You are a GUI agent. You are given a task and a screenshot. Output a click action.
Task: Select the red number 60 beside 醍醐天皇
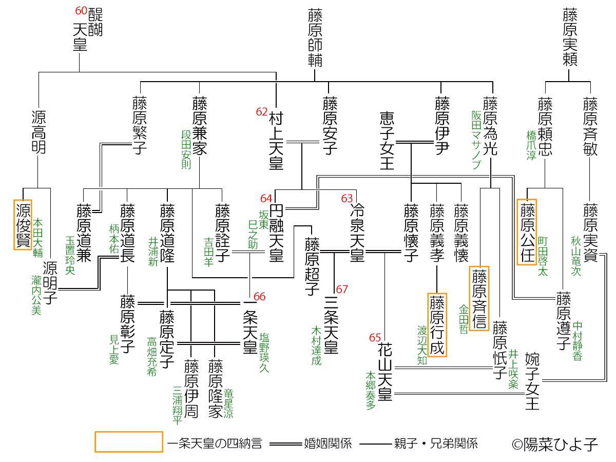pyautogui.click(x=81, y=11)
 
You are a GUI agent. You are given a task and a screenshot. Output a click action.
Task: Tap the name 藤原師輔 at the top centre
pyautogui.click(x=315, y=37)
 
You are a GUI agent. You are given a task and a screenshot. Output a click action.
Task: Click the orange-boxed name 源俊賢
pyautogui.click(x=23, y=225)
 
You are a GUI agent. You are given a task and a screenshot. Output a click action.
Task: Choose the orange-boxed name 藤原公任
pyautogui.click(x=527, y=232)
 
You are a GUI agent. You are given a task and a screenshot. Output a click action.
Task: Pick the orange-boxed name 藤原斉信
pyautogui.click(x=479, y=298)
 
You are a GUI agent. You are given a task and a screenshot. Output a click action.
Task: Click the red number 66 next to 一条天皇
pyautogui.click(x=260, y=297)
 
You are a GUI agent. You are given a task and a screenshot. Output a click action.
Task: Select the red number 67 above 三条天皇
pyautogui.click(x=342, y=289)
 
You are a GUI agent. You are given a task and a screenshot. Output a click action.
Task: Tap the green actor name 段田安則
pyautogui.click(x=186, y=149)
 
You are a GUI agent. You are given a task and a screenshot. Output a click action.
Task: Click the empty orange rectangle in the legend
pyautogui.click(x=128, y=442)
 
